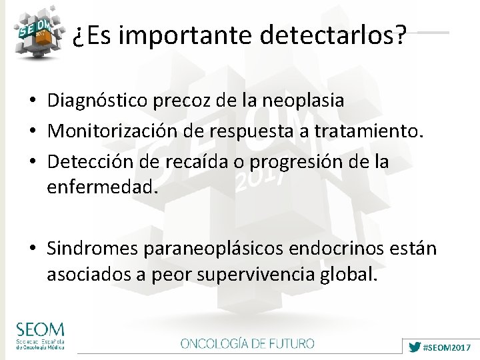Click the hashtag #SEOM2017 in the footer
(447, 347)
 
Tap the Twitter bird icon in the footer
(415, 347)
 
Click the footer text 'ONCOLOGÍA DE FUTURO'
(247, 344)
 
